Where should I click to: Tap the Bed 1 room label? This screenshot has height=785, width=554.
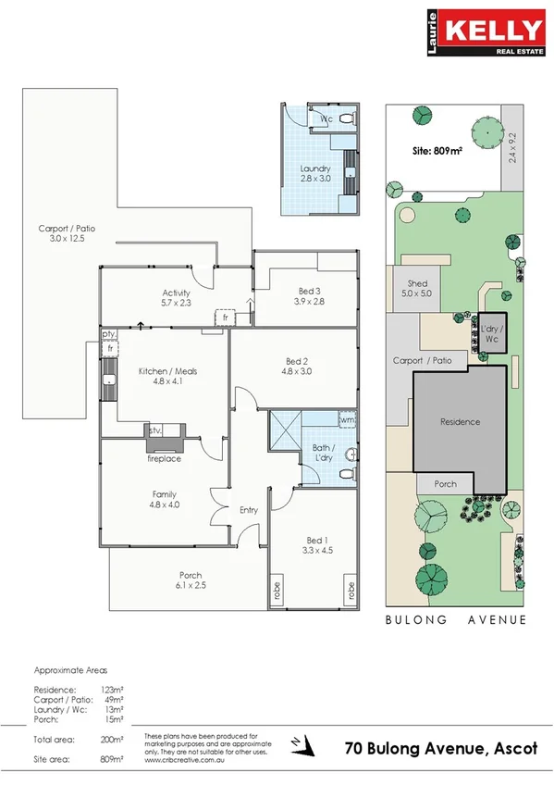pos(316,546)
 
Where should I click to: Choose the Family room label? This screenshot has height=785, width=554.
pos(164,500)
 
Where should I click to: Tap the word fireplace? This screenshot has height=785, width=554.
pos(164,458)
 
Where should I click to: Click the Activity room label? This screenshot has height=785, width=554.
pos(176,297)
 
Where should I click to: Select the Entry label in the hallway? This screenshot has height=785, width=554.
pos(249,510)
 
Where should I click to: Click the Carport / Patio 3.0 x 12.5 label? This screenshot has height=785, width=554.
pos(67,233)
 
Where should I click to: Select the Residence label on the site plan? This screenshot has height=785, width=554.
pos(460,422)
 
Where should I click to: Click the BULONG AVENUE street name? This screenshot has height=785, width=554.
pos(456,620)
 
